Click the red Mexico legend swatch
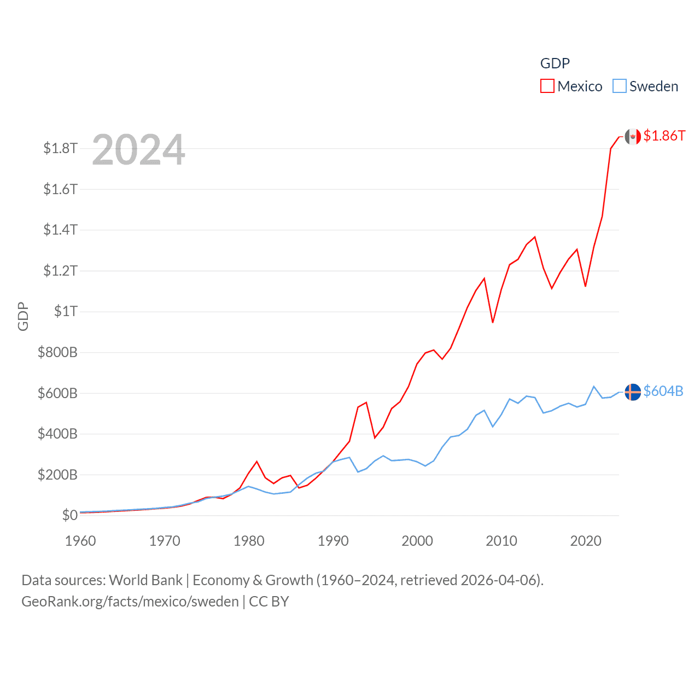[547, 86]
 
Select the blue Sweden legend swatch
[619, 86]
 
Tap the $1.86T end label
[664, 136]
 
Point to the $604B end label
[663, 391]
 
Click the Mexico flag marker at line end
[633, 137]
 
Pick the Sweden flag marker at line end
[633, 392]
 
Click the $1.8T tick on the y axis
[60, 148]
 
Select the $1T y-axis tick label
[66, 311]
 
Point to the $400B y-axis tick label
[57, 434]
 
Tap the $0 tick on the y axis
[69, 515]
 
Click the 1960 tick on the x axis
[80, 541]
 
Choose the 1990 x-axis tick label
[333, 541]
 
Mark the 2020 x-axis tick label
[586, 541]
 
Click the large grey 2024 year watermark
[138, 150]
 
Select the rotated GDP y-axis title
[23, 316]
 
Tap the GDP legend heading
[555, 63]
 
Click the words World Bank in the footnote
[145, 580]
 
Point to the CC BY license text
[269, 602]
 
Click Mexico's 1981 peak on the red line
[257, 462]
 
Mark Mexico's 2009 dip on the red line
[493, 322]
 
